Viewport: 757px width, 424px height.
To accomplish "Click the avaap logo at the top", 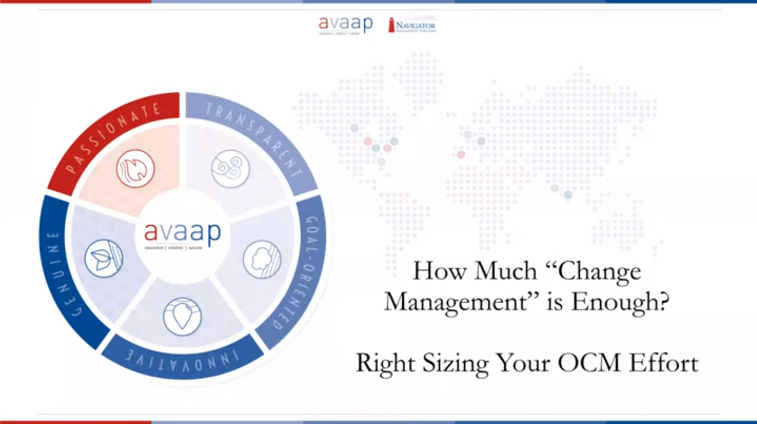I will coord(345,25).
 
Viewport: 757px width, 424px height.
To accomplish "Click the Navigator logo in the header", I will coord(412,25).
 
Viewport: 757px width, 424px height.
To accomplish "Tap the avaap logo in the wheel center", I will coord(182,234).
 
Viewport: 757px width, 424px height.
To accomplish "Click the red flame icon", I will coord(135,169).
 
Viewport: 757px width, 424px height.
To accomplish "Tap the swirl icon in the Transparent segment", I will coord(230,169).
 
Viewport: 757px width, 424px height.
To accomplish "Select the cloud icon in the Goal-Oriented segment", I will coord(262,259).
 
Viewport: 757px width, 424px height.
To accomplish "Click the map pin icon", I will coord(182,316).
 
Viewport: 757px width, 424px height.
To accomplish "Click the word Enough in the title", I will coord(620,302).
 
